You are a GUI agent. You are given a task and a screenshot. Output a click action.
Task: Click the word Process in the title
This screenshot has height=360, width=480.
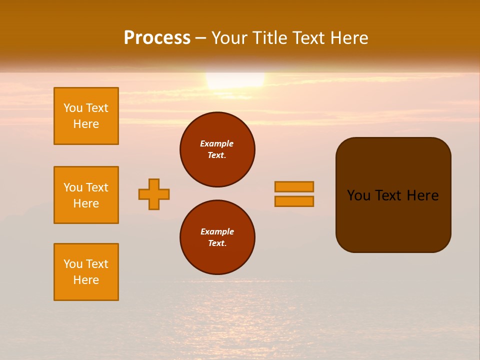click(157, 38)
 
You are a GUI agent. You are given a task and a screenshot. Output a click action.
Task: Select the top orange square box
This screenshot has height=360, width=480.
click(86, 116)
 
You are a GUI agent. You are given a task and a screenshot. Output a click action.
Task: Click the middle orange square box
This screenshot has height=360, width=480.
click(86, 195)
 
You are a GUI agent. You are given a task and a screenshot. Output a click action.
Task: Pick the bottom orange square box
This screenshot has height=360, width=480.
click(86, 272)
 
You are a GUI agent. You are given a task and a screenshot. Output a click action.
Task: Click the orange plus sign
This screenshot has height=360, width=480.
click(154, 194)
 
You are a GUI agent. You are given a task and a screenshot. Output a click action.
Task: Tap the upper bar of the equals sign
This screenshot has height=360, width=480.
click(294, 186)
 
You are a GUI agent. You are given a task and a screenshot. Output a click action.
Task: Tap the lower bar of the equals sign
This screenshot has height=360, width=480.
click(294, 201)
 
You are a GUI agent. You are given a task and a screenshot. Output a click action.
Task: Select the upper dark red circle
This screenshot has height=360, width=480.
click(217, 149)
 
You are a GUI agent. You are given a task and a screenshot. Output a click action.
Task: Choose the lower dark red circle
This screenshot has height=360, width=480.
click(217, 237)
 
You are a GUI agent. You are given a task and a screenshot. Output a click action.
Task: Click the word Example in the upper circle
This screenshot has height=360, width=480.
click(217, 143)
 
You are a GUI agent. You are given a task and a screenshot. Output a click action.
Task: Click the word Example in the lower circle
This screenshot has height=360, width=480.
click(217, 231)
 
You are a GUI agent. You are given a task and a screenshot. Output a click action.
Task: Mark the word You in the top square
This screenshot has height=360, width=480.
click(72, 108)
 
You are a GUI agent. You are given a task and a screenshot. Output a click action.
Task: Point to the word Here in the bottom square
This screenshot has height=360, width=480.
click(86, 280)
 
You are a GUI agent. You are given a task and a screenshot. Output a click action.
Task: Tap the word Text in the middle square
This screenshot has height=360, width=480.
click(97, 187)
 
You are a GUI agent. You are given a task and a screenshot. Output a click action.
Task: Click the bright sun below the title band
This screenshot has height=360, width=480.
click(235, 80)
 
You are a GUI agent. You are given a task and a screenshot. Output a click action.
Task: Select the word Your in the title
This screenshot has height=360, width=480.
click(228, 38)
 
